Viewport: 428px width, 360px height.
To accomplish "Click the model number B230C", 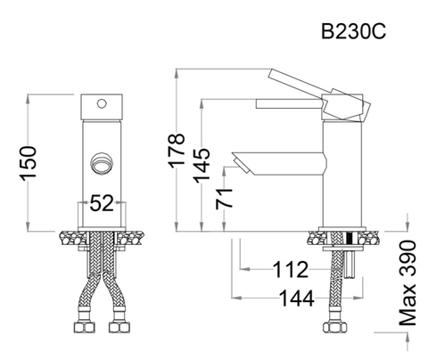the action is [x=353, y=31].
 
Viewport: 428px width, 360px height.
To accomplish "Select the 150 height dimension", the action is [x=29, y=163].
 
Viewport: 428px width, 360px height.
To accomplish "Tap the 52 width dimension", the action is [x=102, y=203].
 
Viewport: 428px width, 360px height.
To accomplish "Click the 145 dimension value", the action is [x=202, y=165].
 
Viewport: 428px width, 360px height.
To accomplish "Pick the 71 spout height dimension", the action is [x=225, y=199].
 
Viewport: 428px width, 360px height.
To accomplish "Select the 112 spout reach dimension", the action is [x=291, y=270].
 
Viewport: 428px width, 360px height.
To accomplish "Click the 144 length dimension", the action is [x=297, y=298].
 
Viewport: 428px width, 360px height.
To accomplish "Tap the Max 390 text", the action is [x=407, y=283].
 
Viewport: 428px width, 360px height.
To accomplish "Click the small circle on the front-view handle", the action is [x=102, y=103].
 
